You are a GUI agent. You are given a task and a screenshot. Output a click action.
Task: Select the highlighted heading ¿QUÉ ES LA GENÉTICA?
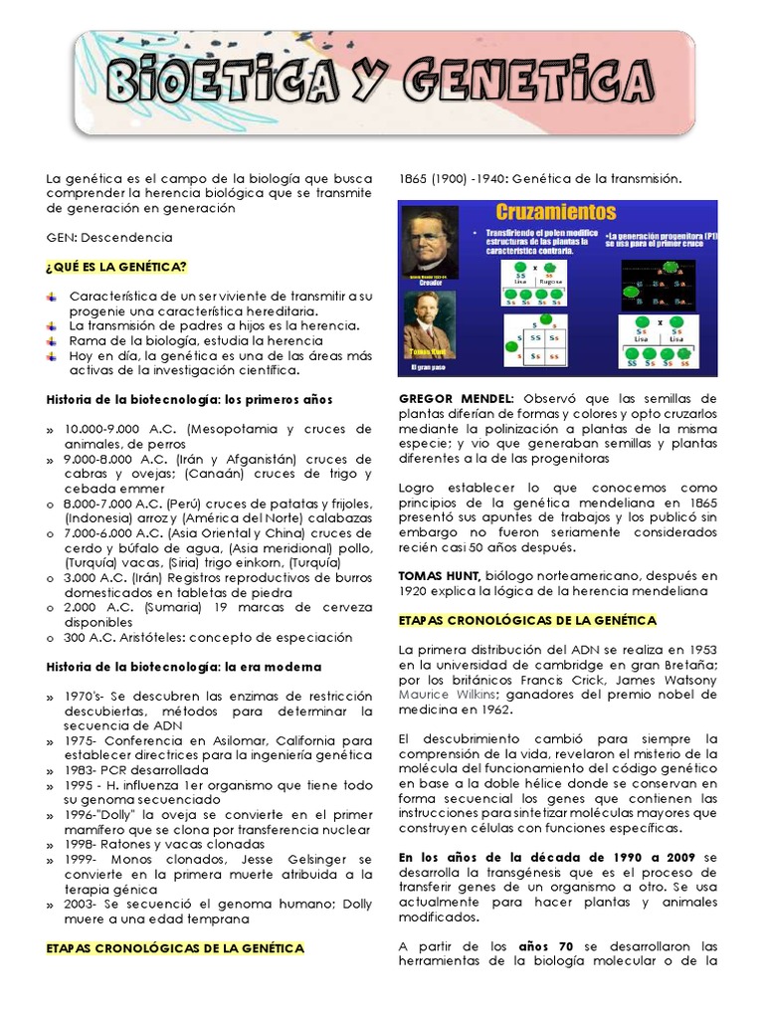click(116, 267)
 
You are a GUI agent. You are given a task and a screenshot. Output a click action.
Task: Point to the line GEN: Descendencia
click(109, 238)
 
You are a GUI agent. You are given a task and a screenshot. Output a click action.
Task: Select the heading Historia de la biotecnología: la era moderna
click(184, 666)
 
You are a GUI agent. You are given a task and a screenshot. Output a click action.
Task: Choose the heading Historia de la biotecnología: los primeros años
click(190, 399)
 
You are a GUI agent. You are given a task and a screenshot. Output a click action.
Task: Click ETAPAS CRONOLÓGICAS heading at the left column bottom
click(175, 948)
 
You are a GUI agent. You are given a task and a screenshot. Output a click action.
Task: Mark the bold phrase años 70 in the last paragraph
click(546, 945)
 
